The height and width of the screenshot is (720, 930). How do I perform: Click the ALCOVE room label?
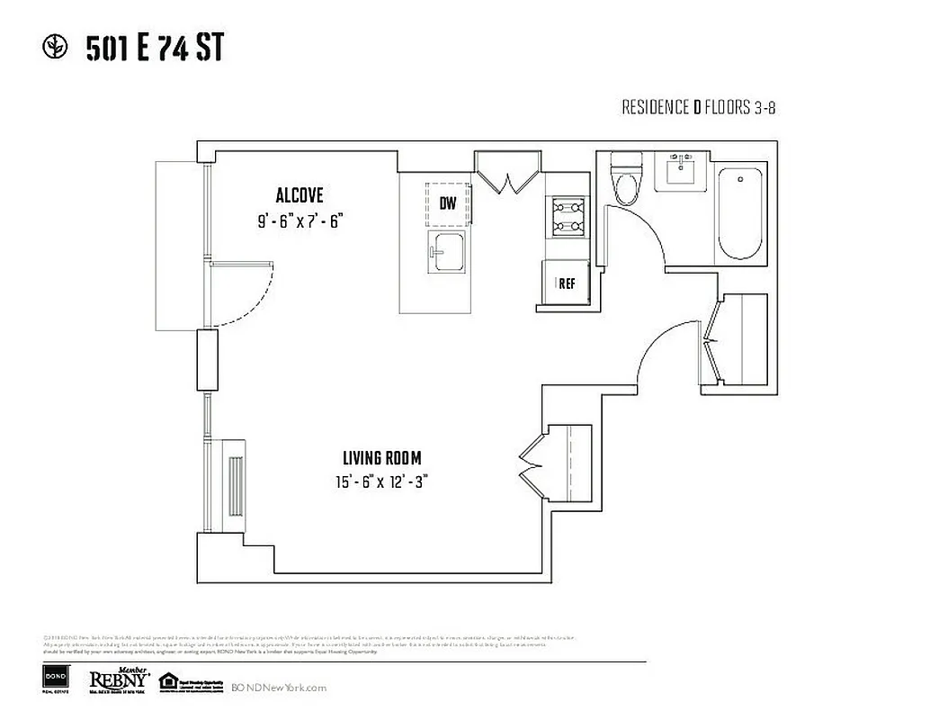299,195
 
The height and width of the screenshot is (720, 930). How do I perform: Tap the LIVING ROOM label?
380,458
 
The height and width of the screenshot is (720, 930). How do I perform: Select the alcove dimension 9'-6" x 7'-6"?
300,221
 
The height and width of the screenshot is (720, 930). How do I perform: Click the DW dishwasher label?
448,203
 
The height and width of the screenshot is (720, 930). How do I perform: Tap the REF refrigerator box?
566,283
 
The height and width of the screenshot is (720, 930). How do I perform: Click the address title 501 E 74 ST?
154,49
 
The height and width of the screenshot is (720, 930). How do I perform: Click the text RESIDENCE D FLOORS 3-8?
698,108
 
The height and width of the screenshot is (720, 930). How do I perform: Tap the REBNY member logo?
118,682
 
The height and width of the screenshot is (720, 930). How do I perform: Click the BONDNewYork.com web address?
279,688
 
